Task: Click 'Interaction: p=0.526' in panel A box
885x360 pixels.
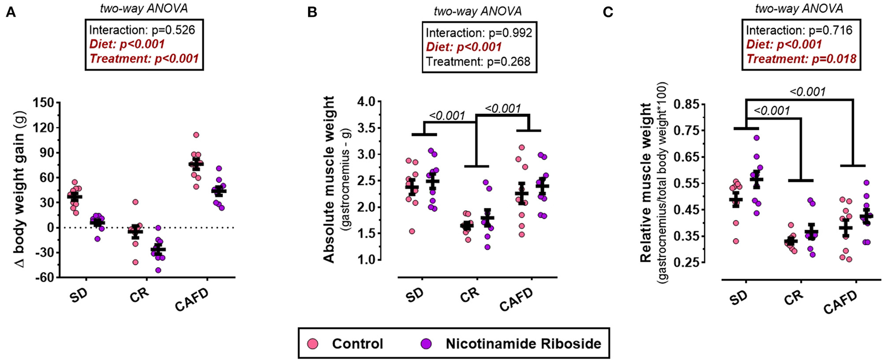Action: tap(142, 29)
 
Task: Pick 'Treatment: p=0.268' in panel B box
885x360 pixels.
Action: tap(478, 61)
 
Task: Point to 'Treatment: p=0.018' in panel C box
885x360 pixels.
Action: tap(801, 59)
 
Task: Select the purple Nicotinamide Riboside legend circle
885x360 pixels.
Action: tap(426, 344)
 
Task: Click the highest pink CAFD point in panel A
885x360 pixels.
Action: tap(196, 135)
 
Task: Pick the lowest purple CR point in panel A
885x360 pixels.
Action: tap(158, 270)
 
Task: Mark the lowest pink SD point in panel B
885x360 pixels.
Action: tap(412, 231)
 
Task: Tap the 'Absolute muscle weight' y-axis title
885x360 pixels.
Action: tap(329, 180)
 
